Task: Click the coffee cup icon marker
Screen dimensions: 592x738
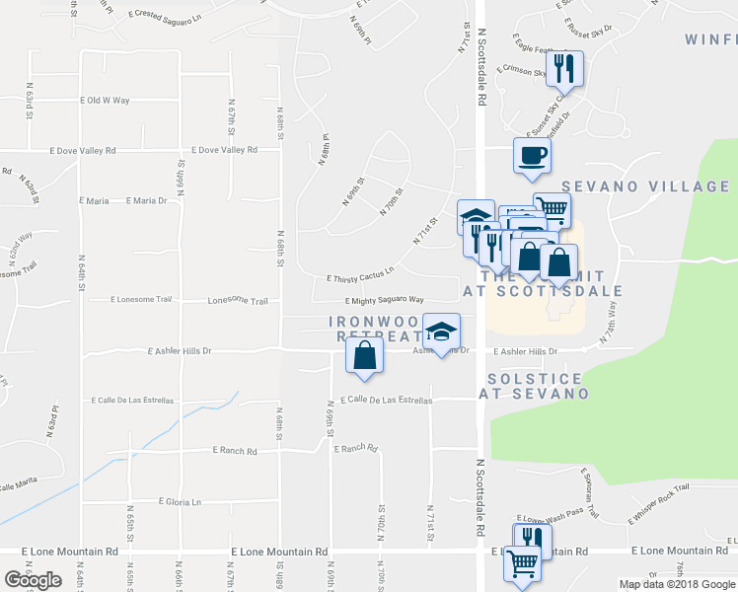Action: [x=532, y=155]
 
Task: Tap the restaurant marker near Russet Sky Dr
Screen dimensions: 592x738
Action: [x=565, y=68]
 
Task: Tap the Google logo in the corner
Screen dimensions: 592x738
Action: [x=33, y=580]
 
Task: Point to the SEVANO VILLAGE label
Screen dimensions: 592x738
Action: [x=645, y=186]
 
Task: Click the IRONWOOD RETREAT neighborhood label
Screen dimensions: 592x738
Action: [x=370, y=329]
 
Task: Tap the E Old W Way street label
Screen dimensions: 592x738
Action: [x=105, y=101]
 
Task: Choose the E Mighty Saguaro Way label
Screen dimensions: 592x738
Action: [x=384, y=300]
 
